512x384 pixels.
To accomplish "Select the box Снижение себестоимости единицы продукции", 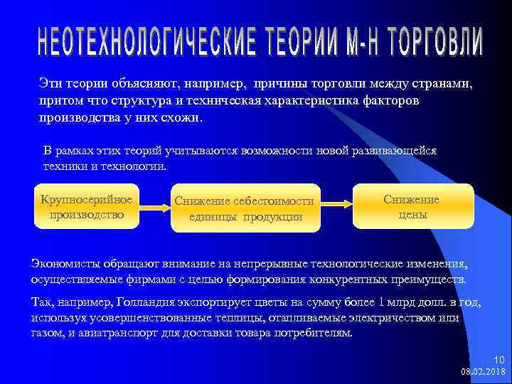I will tap(244, 209).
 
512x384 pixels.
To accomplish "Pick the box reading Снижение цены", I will tap(412, 207).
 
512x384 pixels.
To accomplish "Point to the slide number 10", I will tap(498, 360).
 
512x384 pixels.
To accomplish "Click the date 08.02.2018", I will tap(483, 371).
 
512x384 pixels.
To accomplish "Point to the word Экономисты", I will tap(67, 264).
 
